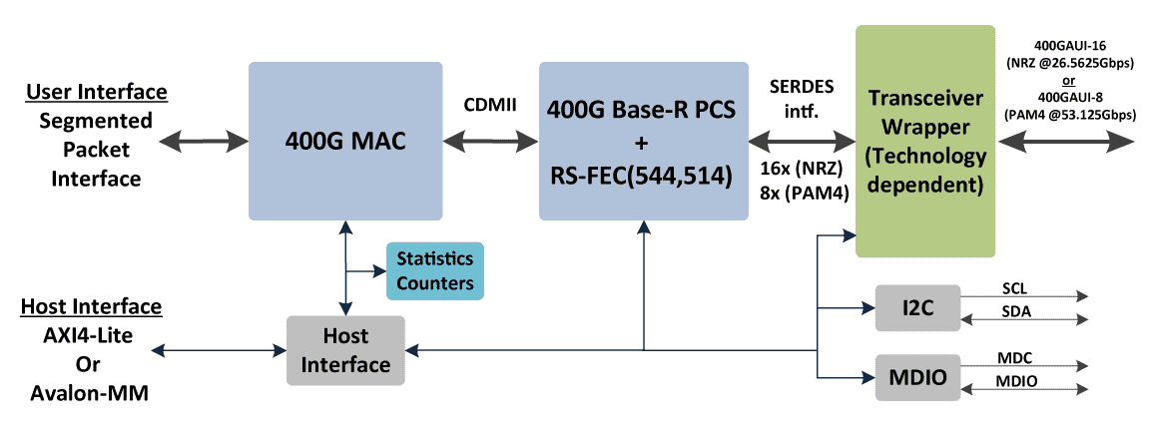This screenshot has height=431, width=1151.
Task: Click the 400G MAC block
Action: (344, 141)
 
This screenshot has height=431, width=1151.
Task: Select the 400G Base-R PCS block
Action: (642, 141)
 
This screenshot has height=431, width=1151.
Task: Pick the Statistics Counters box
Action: (434, 270)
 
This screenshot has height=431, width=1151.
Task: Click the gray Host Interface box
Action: (345, 350)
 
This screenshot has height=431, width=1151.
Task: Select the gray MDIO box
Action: (916, 377)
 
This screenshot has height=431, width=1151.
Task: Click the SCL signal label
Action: (1015, 289)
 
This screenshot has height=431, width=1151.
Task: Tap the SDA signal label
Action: (1015, 311)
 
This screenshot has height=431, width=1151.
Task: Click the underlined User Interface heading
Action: (96, 93)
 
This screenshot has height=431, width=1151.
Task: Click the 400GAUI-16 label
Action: (1071, 45)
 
